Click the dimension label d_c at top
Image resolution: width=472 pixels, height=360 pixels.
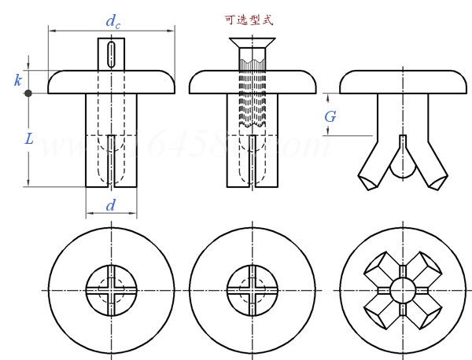pyautogui.click(x=113, y=24)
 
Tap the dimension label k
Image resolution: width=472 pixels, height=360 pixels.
pyautogui.click(x=17, y=79)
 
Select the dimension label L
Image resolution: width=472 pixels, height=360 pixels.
pyautogui.click(x=28, y=139)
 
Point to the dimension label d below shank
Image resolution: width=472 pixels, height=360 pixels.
pyautogui.click(x=111, y=206)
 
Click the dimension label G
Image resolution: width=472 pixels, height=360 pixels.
pyautogui.click(x=330, y=116)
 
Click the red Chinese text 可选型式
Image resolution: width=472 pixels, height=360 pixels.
pyautogui.click(x=252, y=20)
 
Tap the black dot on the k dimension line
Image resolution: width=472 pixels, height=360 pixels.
pyautogui.click(x=28, y=94)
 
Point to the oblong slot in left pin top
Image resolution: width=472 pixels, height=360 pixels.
pyautogui.click(x=111, y=54)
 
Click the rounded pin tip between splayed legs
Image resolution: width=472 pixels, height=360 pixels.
pyautogui.click(x=402, y=168)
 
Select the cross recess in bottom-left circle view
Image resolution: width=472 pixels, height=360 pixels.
pyautogui.click(x=111, y=290)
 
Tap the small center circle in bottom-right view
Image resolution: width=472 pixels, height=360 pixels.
pyautogui.click(x=402, y=290)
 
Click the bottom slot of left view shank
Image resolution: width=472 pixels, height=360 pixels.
pyautogui.click(x=111, y=161)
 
